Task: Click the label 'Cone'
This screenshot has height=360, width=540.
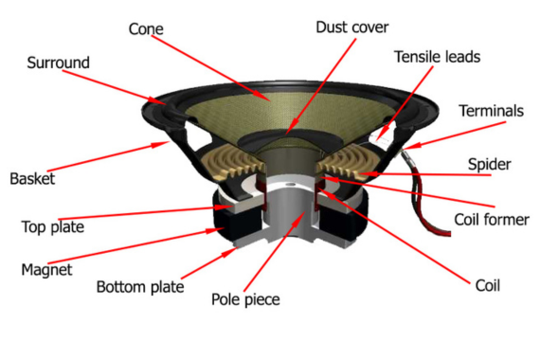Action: click(x=146, y=29)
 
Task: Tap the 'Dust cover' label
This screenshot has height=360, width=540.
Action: click(x=352, y=27)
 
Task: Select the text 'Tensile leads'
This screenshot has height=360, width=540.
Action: click(x=437, y=57)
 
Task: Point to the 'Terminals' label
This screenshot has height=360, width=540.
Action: click(x=491, y=111)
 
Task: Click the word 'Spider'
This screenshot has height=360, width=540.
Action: click(x=489, y=164)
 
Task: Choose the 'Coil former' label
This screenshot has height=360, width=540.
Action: click(x=492, y=220)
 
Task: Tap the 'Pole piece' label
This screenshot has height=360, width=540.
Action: click(x=245, y=299)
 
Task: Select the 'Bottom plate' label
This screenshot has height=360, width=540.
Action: click(x=140, y=287)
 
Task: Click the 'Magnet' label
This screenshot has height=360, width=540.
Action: click(x=46, y=270)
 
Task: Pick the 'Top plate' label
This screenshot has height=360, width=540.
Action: click(x=53, y=227)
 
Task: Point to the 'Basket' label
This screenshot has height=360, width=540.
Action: click(x=32, y=179)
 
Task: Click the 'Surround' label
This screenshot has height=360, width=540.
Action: click(x=58, y=63)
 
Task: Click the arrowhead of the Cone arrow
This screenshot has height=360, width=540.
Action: click(x=263, y=97)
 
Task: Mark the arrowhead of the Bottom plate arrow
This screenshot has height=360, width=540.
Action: click(x=231, y=252)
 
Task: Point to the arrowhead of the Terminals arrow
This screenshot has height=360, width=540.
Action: click(x=410, y=146)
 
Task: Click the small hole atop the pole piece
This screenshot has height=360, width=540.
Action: click(x=291, y=185)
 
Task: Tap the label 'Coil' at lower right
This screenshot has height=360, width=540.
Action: click(x=487, y=285)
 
